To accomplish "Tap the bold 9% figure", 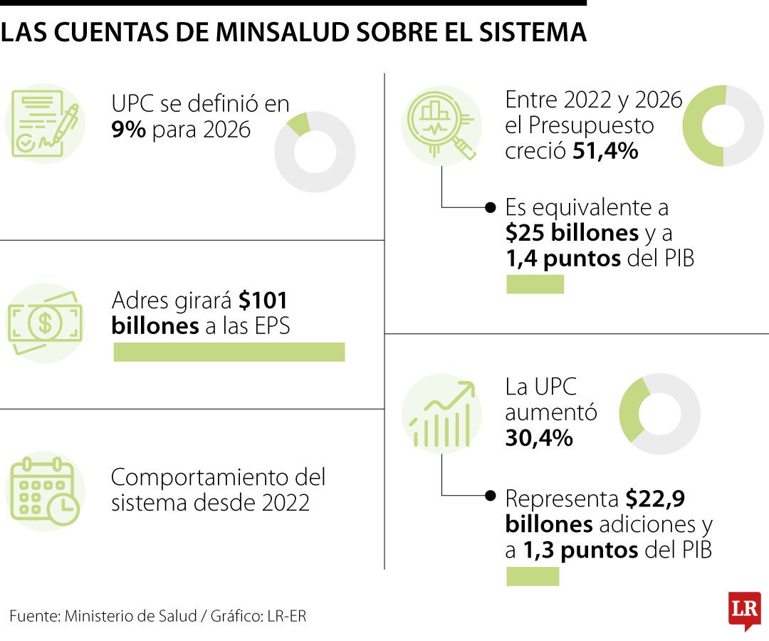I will coord(129,130).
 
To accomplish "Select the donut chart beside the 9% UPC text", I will coord(315,152).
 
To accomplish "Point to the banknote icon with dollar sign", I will coord(45,323).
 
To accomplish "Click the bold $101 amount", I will coord(263,301).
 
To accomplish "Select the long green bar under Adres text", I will coord(229,352).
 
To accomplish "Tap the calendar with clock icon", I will coord(45,491).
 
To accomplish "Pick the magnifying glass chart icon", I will coord(441,126).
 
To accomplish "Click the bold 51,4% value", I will coord(605,151).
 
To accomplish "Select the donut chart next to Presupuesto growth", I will coord(723,126).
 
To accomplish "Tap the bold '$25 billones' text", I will coord(572,233).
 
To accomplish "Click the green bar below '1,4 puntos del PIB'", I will coord(535,285).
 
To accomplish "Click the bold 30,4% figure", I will coord(539,438).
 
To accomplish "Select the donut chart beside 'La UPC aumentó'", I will coord(659,414).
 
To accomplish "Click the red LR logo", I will coord(744,610).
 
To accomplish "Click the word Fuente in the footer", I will coord(33,616).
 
